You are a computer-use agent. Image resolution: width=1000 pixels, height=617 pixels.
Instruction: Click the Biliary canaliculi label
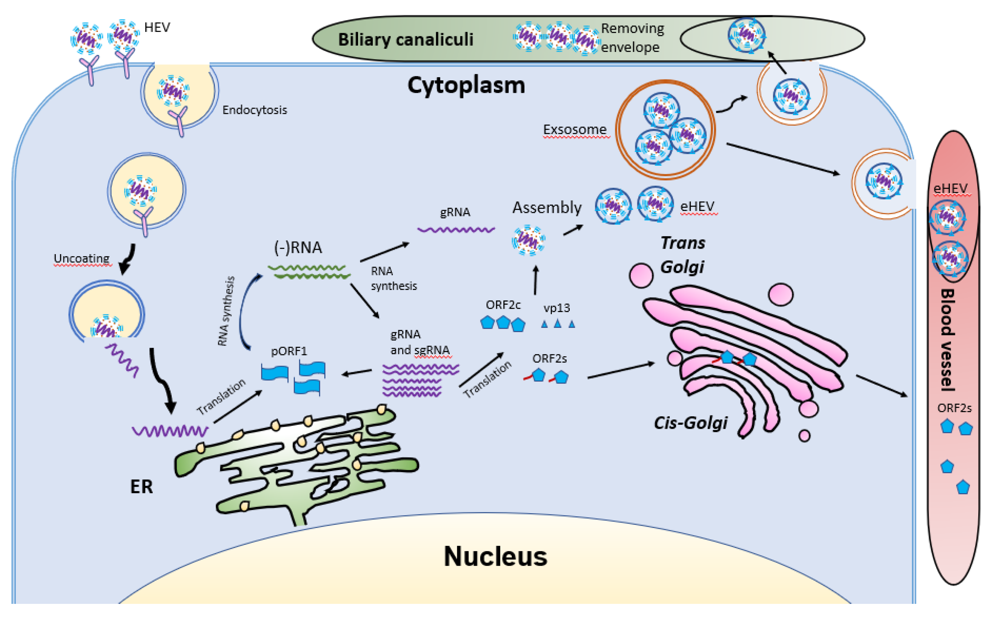coord(405,40)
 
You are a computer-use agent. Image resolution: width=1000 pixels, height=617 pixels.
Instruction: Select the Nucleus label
coord(495,556)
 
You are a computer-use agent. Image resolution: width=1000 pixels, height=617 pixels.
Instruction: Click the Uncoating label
coord(82,258)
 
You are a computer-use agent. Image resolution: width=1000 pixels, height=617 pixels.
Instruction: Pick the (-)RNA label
coord(298,247)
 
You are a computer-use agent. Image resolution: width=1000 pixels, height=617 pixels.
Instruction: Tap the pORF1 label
coord(289,351)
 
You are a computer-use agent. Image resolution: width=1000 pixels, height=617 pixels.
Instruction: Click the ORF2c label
coord(503,305)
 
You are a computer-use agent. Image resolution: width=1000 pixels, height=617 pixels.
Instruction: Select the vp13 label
coord(556,308)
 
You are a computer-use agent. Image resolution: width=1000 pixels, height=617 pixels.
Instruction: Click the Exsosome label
coord(574,129)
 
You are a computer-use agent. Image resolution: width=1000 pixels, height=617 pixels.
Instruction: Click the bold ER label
coord(141,486)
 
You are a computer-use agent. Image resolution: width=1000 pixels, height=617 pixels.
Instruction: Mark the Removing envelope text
coord(632,38)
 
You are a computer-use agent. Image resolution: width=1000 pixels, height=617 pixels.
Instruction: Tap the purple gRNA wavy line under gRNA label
coord(456,230)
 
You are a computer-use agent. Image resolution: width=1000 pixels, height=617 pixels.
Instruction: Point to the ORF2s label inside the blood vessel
coord(954,408)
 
